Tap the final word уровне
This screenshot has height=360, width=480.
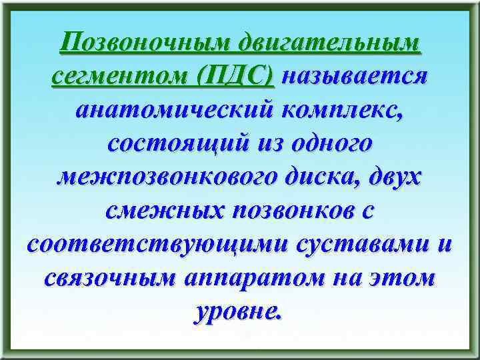238,311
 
